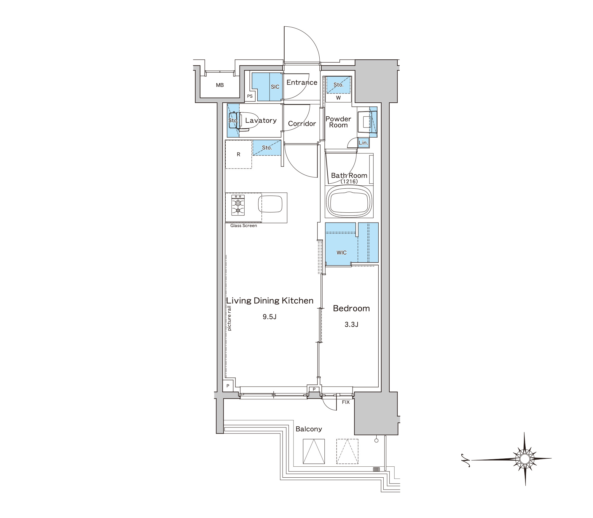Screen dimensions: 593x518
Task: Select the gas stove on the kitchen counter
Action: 238,205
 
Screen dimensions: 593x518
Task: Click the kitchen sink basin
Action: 270,204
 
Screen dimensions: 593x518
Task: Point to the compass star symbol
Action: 525,459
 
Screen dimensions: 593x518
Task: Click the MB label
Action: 220,85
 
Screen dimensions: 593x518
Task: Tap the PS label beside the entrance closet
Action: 250,96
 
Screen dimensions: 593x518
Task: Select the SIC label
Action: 275,87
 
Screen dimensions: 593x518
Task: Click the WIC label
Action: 342,252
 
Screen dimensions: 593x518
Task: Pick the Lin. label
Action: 363,143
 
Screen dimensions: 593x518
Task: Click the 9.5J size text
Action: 270,317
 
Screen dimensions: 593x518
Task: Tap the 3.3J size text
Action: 351,325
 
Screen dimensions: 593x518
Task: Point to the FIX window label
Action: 346,402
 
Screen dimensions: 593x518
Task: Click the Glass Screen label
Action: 244,225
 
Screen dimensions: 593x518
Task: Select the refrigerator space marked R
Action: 238,154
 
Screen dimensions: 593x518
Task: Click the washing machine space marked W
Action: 338,98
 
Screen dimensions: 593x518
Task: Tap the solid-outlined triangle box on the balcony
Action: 314,451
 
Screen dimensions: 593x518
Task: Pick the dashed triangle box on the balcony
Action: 347,451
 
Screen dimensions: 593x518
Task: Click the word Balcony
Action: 309,429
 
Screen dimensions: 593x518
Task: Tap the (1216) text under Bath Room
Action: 349,182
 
